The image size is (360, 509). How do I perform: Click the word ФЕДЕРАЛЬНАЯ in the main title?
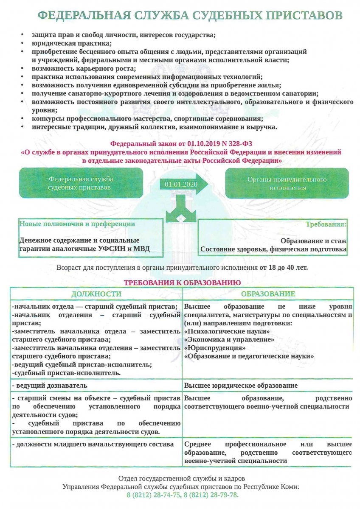tap(83, 16)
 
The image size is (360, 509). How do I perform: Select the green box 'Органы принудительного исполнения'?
tap(287, 183)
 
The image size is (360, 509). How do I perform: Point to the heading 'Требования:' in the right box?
tap(326, 224)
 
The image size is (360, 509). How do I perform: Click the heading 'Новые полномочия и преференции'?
tap(78, 224)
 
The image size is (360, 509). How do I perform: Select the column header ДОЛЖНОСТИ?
tap(96, 294)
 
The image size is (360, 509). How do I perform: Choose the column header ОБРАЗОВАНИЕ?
tap(268, 294)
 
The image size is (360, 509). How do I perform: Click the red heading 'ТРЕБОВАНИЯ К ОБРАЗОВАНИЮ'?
tap(183, 282)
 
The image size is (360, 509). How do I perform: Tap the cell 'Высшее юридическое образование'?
tap(241, 386)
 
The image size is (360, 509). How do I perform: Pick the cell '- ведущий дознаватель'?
tap(50, 386)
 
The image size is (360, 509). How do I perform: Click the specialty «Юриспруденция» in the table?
tap(214, 348)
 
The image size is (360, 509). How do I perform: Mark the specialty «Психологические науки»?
tap(227, 331)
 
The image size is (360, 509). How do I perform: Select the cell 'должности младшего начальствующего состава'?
tap(93, 444)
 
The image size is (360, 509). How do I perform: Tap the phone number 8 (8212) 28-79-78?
tap(211, 495)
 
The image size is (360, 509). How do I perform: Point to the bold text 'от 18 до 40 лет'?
tap(284, 268)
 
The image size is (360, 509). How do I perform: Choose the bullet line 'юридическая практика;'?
tap(71, 43)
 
